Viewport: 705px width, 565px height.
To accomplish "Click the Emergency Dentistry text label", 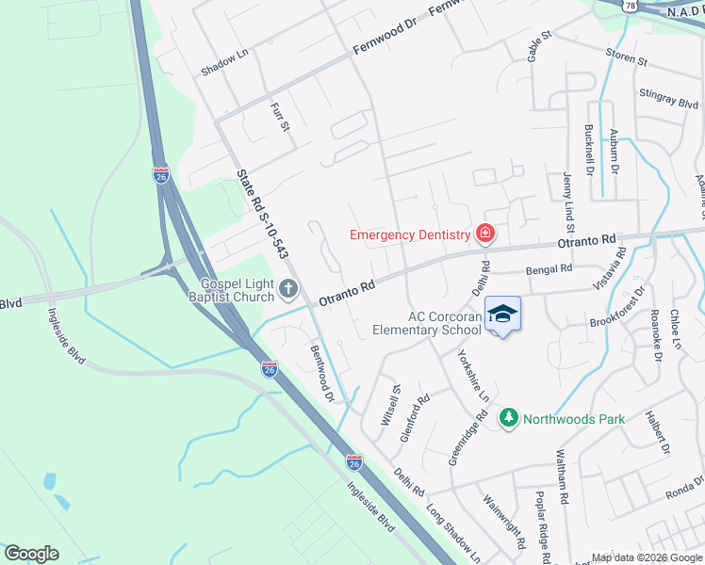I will pyautogui.click(x=409, y=234).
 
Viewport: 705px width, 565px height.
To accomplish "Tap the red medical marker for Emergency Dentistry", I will pyautogui.click(x=485, y=234).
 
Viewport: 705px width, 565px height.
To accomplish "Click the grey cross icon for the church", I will pyautogui.click(x=288, y=291).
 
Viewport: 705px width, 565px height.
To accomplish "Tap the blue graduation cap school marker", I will pyautogui.click(x=502, y=315).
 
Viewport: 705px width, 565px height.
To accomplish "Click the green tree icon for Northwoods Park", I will pyautogui.click(x=508, y=416).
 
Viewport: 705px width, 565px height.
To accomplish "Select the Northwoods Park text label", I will pyautogui.click(x=573, y=417).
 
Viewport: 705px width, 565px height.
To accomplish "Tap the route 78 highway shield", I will pyautogui.click(x=629, y=5).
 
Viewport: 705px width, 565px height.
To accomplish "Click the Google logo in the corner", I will pyautogui.click(x=31, y=553).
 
